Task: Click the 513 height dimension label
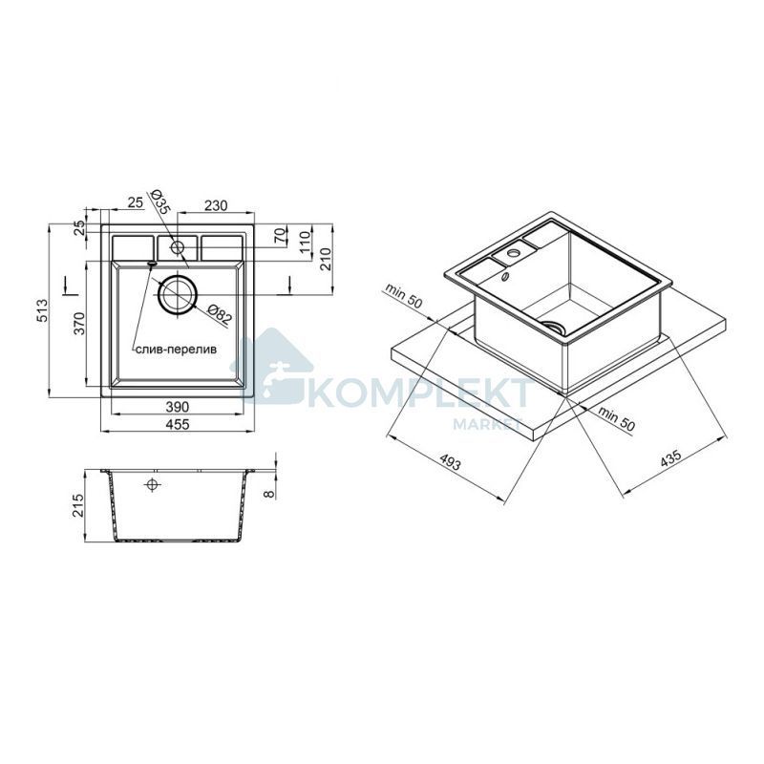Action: pyautogui.click(x=43, y=311)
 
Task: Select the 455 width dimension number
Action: pyautogui.click(x=178, y=424)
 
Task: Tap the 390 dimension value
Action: pyautogui.click(x=178, y=407)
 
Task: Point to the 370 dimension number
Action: pyautogui.click(x=79, y=323)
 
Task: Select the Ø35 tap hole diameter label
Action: pyautogui.click(x=159, y=202)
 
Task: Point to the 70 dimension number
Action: pyautogui.click(x=280, y=237)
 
